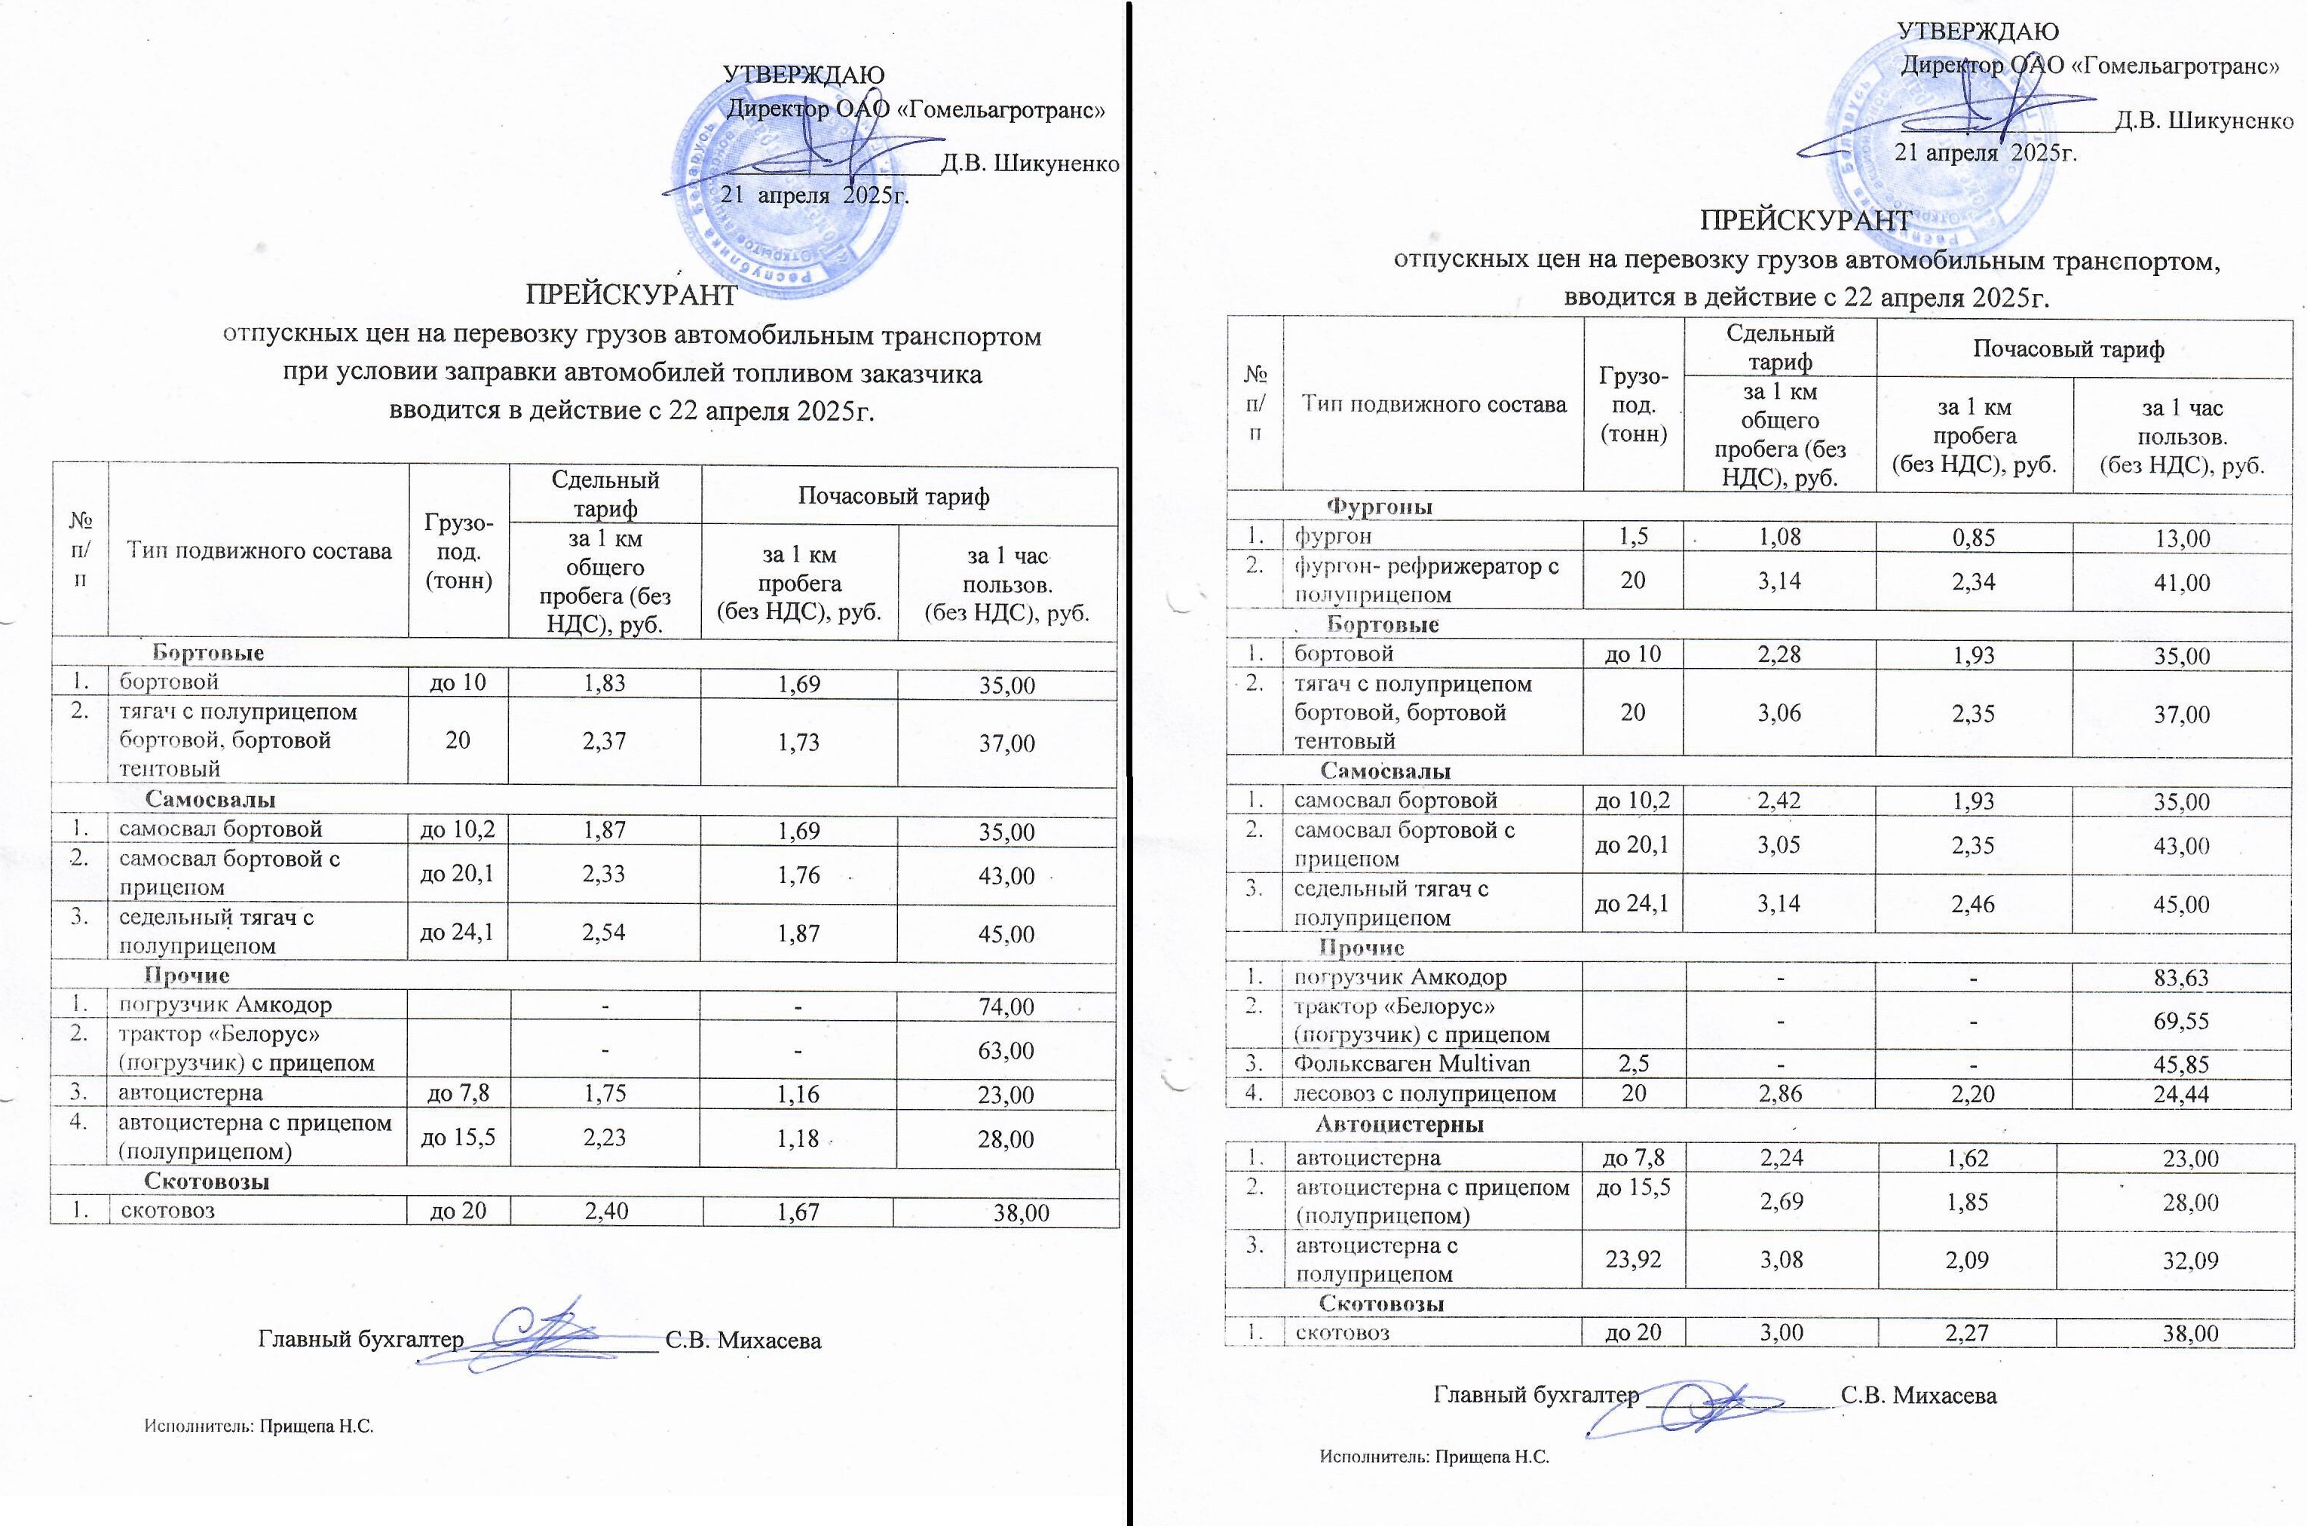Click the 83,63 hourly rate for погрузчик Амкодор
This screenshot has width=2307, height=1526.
2182,978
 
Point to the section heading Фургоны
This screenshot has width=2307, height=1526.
1380,506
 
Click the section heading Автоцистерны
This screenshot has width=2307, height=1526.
1399,1124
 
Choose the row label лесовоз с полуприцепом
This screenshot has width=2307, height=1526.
1424,1093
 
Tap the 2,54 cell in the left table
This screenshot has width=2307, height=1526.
603,933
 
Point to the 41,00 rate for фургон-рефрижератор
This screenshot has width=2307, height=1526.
2182,582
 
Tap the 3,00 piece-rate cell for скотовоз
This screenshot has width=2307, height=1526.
1781,1332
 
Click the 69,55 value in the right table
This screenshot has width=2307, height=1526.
2182,1021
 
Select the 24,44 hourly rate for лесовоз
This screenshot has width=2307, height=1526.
2182,1094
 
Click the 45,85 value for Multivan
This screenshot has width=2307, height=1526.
2182,1065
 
